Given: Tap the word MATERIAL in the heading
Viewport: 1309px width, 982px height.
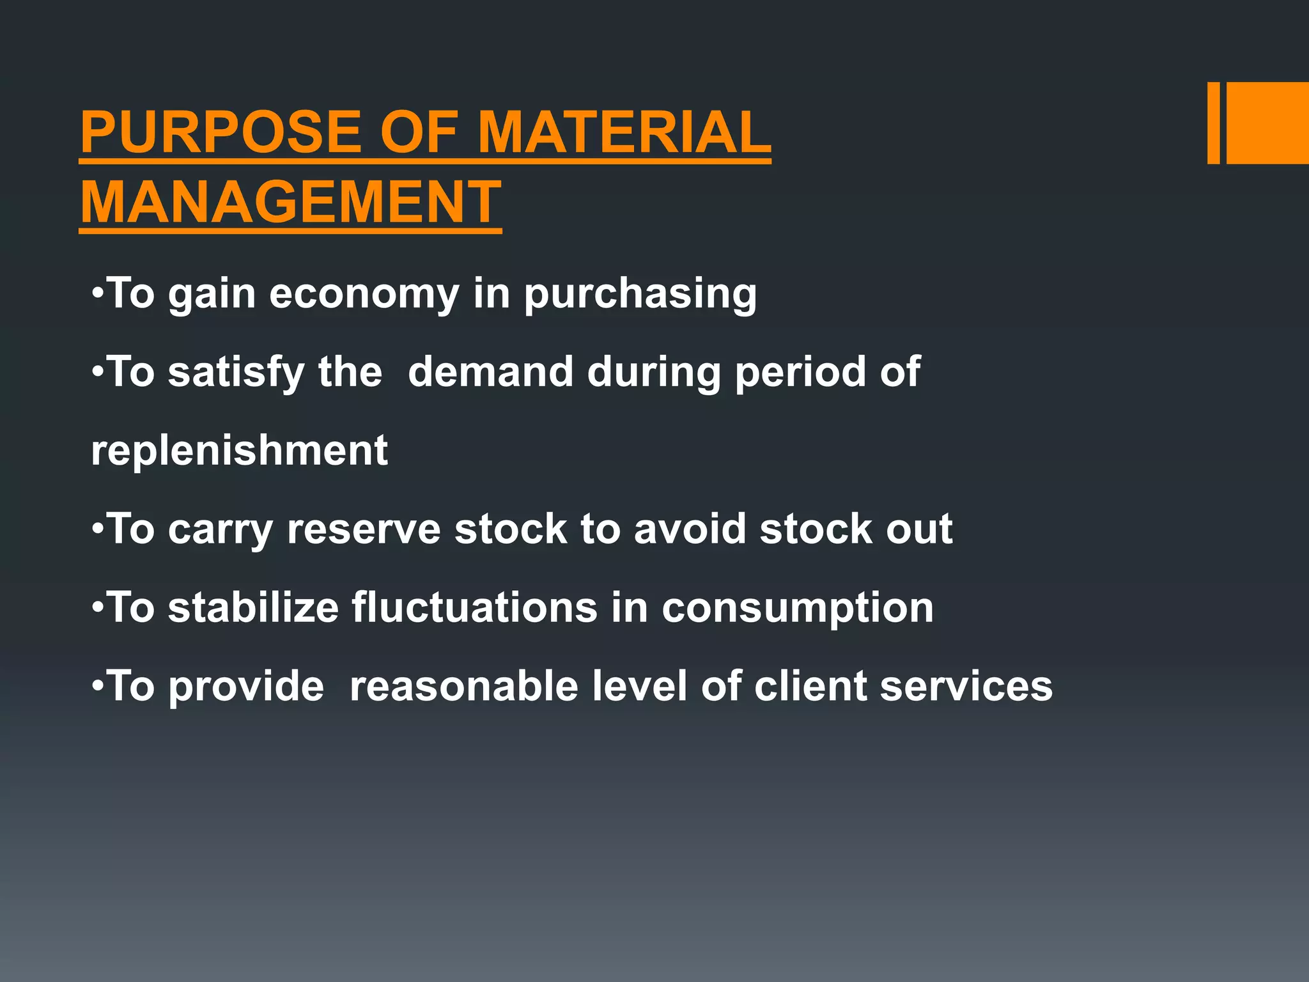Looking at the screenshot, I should (624, 132).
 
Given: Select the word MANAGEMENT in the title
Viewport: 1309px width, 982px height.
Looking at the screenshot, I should (291, 202).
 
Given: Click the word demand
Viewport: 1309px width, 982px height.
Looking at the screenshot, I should (491, 372).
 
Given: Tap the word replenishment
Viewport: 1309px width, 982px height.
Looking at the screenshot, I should (240, 451).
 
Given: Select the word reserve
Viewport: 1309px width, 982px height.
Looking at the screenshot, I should (364, 530).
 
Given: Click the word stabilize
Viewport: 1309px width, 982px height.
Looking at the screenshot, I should (253, 607).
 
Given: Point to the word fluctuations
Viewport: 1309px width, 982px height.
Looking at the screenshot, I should (474, 607).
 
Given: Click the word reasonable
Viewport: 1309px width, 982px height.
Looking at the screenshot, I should (464, 686).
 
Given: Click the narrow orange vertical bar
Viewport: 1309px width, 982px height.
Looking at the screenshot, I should (1213, 123).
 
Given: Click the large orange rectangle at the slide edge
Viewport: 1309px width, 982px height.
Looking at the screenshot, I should (1267, 123).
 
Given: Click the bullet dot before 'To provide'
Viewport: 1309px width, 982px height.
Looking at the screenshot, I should (97, 687).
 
